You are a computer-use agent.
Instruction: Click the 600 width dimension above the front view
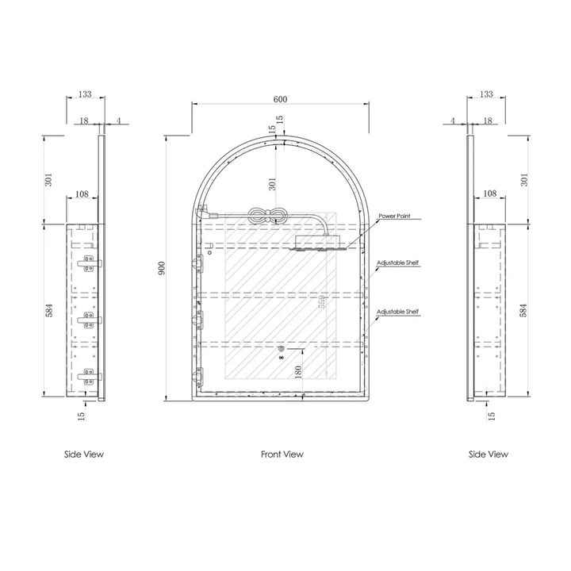click(x=280, y=99)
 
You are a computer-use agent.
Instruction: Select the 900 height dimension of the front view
click(x=162, y=269)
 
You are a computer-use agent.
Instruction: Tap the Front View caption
click(x=282, y=454)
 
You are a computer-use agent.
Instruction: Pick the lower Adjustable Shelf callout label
click(x=397, y=312)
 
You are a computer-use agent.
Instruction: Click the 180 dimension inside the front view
click(x=297, y=373)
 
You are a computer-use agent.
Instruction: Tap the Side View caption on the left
click(x=84, y=454)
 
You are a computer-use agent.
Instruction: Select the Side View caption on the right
click(x=489, y=454)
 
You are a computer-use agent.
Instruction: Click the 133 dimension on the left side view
click(x=85, y=94)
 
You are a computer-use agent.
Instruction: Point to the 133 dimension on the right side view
click(x=487, y=94)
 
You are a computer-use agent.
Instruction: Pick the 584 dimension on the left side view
click(x=48, y=310)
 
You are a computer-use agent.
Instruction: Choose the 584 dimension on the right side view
click(x=524, y=310)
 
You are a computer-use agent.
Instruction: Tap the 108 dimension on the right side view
click(x=489, y=194)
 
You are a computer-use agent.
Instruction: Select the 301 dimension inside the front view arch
click(x=272, y=184)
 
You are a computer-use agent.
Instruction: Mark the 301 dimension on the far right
click(x=524, y=179)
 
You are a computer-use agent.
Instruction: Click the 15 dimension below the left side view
click(x=82, y=415)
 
